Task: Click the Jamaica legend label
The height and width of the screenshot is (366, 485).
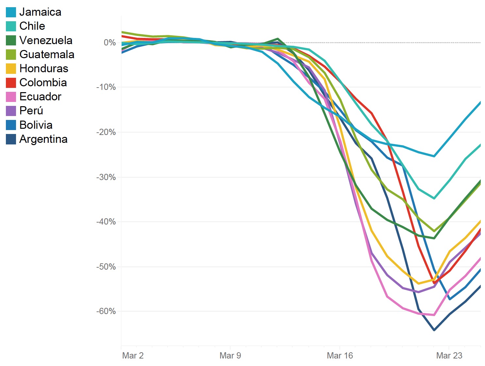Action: coord(40,12)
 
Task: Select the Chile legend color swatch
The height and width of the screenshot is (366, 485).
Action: coord(11,26)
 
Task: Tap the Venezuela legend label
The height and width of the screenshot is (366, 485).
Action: coord(46,40)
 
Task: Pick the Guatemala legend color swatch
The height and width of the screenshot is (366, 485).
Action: coord(11,55)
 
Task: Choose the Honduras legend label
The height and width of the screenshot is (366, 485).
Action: coord(44,69)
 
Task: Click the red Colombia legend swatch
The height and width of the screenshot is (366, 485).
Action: coord(11,83)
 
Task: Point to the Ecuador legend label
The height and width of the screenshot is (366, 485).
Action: coord(40,97)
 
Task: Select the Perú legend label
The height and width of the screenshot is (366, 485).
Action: coord(31,111)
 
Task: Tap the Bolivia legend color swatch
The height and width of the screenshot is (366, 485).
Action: coord(11,125)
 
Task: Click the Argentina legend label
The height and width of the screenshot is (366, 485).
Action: coord(43,139)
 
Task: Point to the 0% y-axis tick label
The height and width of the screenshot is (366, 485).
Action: coord(110,42)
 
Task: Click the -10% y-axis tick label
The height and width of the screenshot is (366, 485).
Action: coord(106,87)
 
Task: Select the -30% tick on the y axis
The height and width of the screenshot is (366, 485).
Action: coord(106,177)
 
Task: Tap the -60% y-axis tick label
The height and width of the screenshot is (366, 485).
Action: coord(106,311)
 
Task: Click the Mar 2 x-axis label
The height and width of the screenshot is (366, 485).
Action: coord(133,356)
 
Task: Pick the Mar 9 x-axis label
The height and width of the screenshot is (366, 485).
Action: coord(230,356)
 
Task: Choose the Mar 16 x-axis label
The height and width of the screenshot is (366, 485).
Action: coord(340,356)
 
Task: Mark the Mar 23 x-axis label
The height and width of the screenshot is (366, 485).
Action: coord(449,356)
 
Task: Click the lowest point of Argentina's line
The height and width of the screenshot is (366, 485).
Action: coord(434,330)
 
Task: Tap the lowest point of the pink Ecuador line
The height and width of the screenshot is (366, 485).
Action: coord(434,315)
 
